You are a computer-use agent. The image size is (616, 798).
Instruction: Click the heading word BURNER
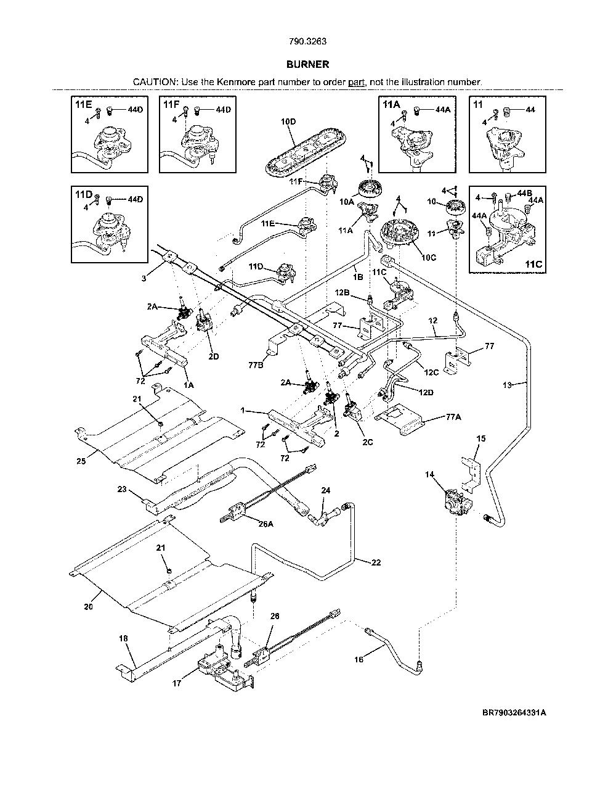307,65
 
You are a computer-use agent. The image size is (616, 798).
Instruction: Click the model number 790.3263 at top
307,41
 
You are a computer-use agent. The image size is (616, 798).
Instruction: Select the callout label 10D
288,122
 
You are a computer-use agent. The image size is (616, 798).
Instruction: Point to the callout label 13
507,385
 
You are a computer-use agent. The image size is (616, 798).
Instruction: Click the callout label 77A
453,417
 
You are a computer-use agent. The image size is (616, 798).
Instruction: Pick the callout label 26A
265,524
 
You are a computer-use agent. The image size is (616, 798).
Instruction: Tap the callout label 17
177,683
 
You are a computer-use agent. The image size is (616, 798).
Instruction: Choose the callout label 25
81,461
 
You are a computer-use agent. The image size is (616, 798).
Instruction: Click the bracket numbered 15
471,474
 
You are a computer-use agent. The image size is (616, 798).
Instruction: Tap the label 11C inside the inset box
533,264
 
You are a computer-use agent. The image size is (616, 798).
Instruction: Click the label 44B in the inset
524,194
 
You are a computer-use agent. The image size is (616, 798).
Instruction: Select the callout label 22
376,562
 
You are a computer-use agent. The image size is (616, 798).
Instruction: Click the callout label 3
144,279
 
